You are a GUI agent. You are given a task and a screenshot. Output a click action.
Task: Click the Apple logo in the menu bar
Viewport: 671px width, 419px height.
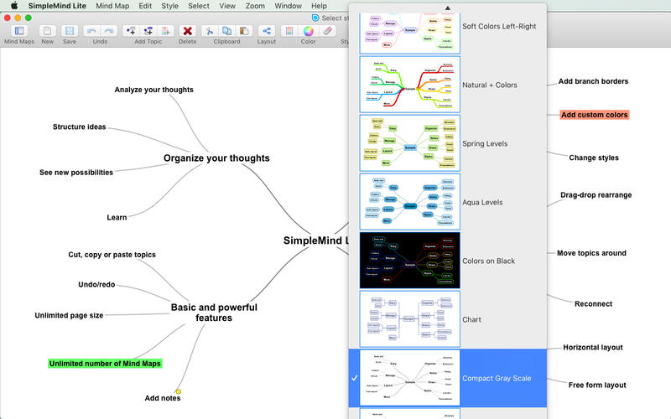tap(13, 5)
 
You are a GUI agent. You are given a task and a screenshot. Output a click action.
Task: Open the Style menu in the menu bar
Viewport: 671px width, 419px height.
tap(169, 5)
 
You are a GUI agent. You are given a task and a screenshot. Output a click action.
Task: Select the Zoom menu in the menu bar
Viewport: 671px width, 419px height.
tap(255, 5)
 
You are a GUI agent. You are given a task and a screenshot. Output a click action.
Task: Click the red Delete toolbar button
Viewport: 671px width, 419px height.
tap(188, 31)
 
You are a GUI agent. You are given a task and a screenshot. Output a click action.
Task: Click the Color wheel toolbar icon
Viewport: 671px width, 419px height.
tap(308, 31)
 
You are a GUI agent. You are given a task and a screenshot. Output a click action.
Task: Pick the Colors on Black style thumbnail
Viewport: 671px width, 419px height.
tap(409, 261)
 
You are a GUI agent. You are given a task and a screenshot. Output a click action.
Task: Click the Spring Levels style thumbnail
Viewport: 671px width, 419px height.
tap(409, 143)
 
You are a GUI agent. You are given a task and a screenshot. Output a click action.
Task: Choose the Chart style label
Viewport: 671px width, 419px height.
tap(471, 319)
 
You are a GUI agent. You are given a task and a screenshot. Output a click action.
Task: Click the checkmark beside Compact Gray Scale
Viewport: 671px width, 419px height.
tap(355, 378)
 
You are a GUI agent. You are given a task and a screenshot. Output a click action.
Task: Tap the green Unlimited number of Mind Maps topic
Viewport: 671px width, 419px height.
tap(105, 364)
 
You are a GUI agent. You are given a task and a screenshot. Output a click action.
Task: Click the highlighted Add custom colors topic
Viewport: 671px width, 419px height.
tap(594, 115)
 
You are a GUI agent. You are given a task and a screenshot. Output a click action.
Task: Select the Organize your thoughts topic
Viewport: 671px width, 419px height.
tap(216, 158)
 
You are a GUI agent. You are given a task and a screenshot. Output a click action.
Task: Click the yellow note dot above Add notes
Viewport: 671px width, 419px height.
tap(178, 391)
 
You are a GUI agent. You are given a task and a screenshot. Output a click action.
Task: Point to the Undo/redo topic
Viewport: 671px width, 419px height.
tap(96, 284)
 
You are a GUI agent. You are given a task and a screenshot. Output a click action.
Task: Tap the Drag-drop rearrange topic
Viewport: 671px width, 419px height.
tap(596, 195)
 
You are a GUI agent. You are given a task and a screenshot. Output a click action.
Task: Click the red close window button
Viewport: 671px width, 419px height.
tap(6, 18)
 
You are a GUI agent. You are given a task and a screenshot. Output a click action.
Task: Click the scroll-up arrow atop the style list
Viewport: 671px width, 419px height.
tap(447, 8)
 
